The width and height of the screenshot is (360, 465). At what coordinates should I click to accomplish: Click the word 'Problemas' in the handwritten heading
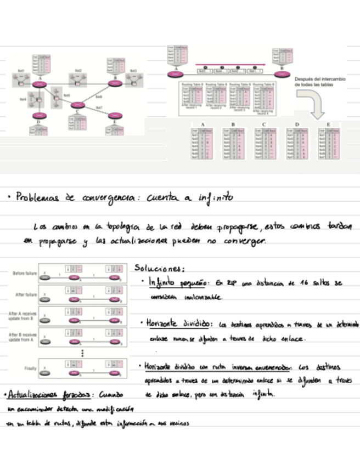click(x=37, y=197)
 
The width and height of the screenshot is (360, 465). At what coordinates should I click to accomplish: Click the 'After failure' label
click(x=26, y=294)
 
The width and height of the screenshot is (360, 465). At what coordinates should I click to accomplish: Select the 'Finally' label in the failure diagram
click(x=30, y=368)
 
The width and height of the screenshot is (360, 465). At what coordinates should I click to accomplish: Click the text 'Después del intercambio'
click(x=320, y=78)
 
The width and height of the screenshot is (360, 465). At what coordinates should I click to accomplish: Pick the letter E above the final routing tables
click(x=329, y=125)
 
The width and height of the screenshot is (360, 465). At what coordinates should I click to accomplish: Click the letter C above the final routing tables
click(x=264, y=125)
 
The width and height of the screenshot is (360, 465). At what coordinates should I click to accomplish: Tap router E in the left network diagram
click(x=39, y=116)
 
